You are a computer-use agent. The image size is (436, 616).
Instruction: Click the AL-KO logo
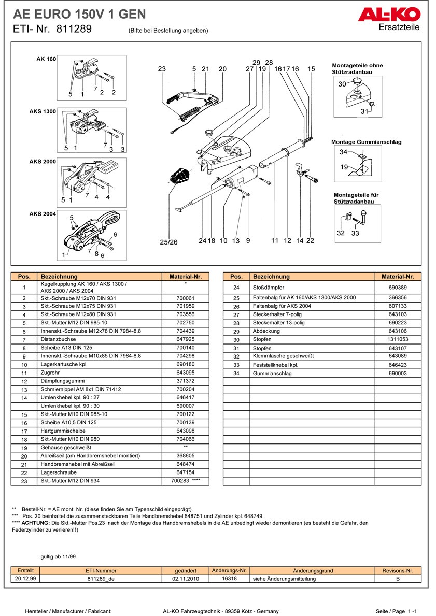pyautogui.click(x=388, y=16)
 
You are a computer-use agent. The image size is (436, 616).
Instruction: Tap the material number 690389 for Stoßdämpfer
pyautogui.click(x=398, y=287)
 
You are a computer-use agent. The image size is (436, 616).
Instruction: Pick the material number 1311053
pyautogui.click(x=398, y=339)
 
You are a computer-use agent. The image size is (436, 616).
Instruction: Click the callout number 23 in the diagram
pyautogui.click(x=162, y=69)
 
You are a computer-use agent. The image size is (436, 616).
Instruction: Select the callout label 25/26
pyautogui.click(x=168, y=242)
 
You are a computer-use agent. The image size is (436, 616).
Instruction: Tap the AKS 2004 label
pyautogui.click(x=43, y=214)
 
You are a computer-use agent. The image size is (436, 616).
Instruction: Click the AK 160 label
pyautogui.click(x=46, y=59)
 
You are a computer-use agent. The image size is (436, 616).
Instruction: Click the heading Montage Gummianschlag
pyautogui.click(x=366, y=142)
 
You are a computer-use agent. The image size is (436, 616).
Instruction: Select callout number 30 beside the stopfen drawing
pyautogui.click(x=342, y=84)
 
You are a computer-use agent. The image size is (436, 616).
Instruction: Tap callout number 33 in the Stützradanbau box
pyautogui.click(x=355, y=233)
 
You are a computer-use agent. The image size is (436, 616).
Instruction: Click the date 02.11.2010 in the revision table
pyautogui.click(x=186, y=579)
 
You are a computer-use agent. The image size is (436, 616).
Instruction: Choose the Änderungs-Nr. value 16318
pyautogui.click(x=229, y=579)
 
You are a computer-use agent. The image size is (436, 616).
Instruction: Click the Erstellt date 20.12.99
pyautogui.click(x=25, y=579)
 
